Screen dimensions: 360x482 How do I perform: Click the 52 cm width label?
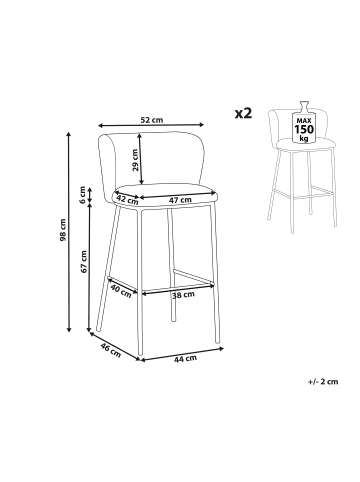click(x=152, y=120)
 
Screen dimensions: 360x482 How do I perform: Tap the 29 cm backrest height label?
click(x=135, y=160)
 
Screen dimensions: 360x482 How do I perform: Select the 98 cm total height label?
click(x=63, y=230)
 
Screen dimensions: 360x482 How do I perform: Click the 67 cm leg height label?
click(x=83, y=262)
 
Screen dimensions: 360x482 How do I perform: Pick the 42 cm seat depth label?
click(x=127, y=199)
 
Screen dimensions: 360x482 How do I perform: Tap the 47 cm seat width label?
click(x=180, y=200)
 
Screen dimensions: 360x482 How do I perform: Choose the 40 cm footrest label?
click(x=121, y=291)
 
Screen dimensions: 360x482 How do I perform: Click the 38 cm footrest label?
click(x=183, y=295)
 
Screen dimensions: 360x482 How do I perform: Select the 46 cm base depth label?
click(x=111, y=350)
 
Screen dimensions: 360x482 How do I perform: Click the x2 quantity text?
click(x=243, y=113)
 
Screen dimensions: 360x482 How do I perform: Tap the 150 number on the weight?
click(x=304, y=129)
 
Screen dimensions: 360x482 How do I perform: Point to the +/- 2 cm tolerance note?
click(x=323, y=382)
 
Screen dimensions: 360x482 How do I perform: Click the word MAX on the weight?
click(x=304, y=120)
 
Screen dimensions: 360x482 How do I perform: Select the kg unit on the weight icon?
click(x=304, y=138)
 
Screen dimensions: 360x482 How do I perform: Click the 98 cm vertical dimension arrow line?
click(x=69, y=232)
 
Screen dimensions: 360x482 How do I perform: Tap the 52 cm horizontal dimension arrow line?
click(x=151, y=125)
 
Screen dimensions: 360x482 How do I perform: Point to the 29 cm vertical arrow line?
click(x=141, y=159)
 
